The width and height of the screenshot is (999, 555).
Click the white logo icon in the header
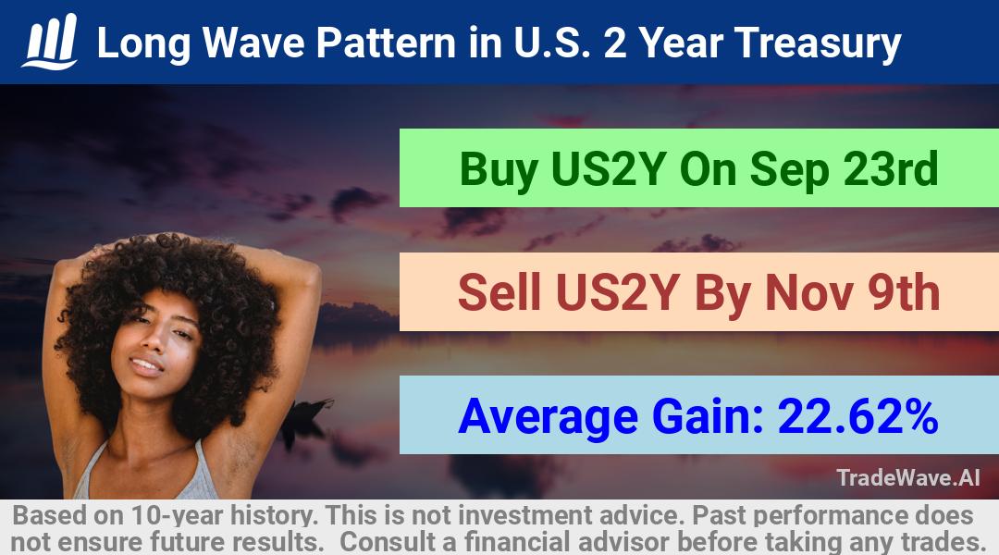50,42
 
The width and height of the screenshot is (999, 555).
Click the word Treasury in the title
818,43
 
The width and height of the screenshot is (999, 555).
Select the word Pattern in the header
386,43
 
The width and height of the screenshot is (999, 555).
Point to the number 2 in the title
615,43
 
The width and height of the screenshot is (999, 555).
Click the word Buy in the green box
498,170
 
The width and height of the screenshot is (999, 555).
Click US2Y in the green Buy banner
609,168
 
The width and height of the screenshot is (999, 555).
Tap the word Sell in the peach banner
499,292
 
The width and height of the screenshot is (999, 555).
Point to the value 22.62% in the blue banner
857,416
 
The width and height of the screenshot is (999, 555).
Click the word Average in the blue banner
548,417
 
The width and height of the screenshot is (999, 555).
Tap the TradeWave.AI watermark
908,477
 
